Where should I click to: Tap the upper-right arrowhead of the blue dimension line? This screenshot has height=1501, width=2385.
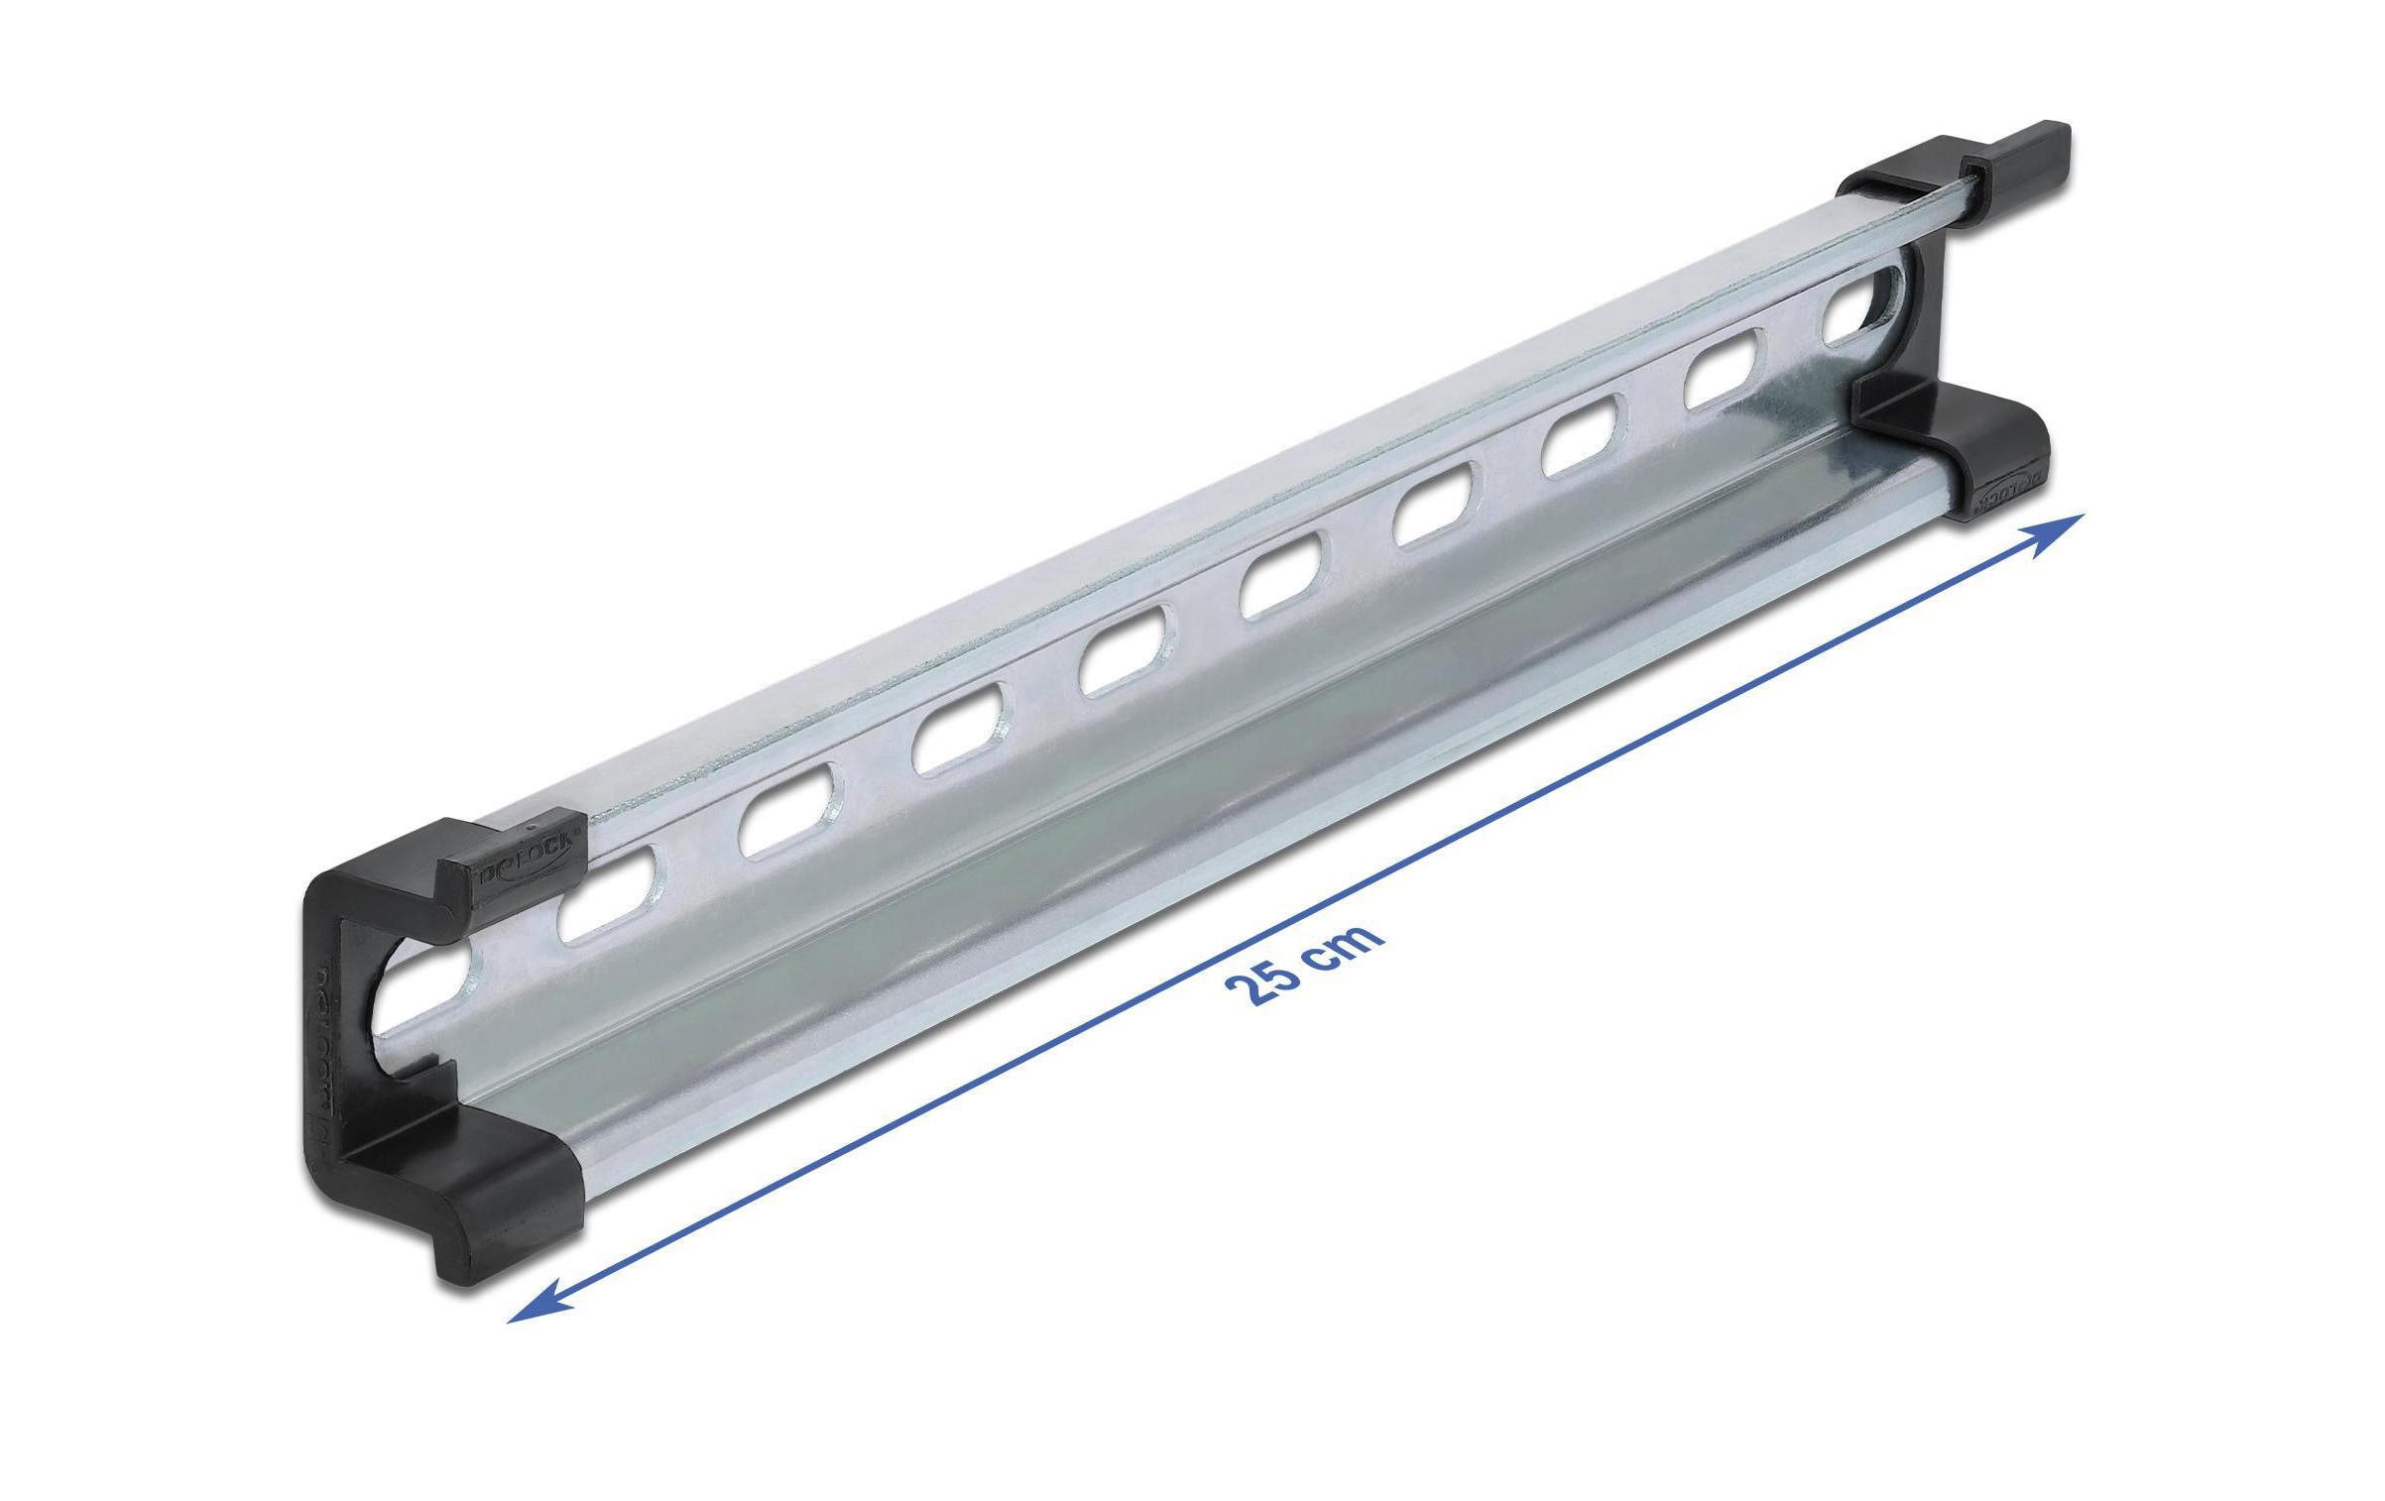click(2064, 526)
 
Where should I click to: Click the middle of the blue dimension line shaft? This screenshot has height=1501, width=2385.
click(1289, 922)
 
